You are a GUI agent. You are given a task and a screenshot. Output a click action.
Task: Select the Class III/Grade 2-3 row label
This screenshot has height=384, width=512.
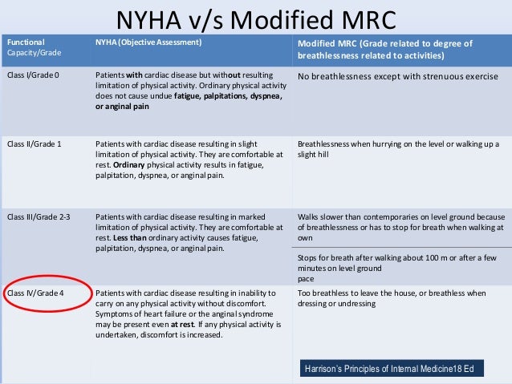point(36,216)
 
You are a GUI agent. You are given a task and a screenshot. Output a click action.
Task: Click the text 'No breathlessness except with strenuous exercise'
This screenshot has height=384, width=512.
point(397,77)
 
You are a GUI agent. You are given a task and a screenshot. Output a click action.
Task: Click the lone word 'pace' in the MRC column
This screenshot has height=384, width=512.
point(305,279)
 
